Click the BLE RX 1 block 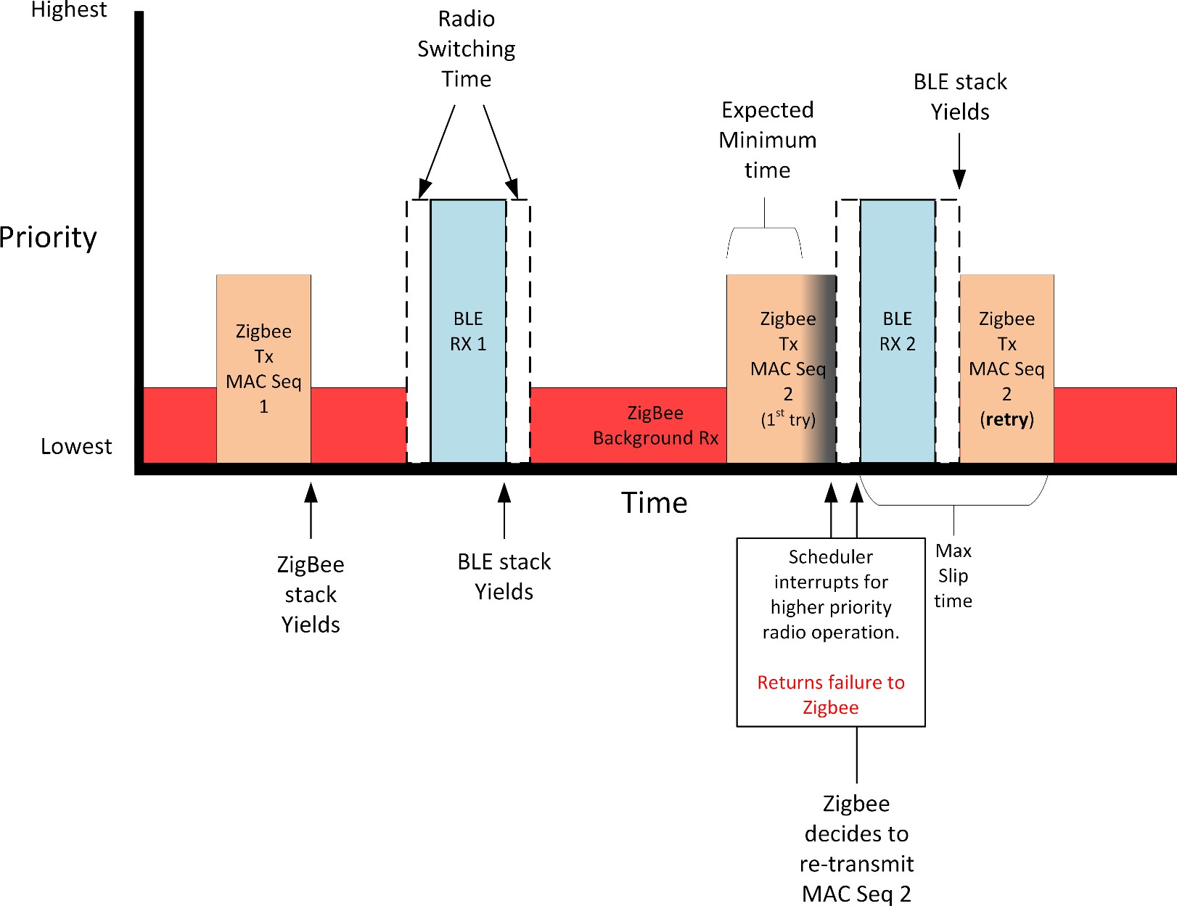[468, 331]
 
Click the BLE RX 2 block [898, 331]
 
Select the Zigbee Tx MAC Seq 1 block [263, 368]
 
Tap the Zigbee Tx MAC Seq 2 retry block [1006, 368]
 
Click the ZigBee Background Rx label [655, 426]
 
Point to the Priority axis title [48, 238]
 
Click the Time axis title [654, 503]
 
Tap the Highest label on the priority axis [69, 9]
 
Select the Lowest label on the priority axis [76, 446]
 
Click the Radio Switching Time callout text [467, 49]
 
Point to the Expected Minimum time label [768, 139]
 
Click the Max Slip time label [953, 575]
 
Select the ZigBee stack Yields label [311, 594]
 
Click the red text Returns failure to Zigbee [831, 694]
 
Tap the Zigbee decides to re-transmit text [856, 848]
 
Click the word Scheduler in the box [830, 557]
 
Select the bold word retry [1006, 419]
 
